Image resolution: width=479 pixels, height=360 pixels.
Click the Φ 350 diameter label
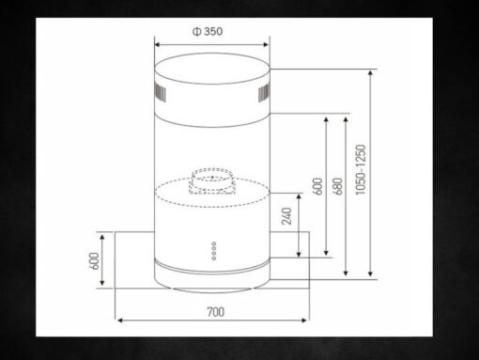point(208,31)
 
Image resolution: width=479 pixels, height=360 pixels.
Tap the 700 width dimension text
point(216,312)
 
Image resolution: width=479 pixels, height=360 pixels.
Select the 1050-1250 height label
point(361,169)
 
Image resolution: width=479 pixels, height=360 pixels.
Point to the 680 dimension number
point(339,186)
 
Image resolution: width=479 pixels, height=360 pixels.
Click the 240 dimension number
point(286,216)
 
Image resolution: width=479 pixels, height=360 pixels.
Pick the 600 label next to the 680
point(317,186)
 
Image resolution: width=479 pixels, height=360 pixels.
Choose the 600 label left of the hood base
point(94,260)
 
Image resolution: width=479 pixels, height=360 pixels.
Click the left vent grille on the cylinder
point(160,93)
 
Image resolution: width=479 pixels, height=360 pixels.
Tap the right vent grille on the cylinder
point(264,93)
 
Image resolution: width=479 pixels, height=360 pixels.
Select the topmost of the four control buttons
point(214,243)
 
